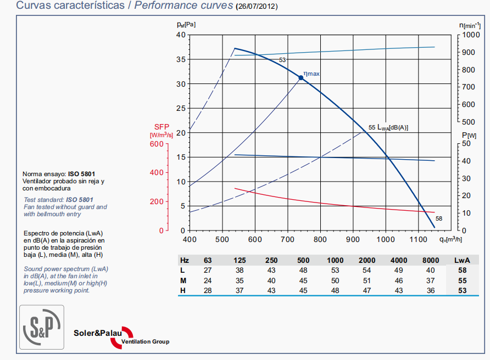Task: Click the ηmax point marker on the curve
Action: (x=300, y=78)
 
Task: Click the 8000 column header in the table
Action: (x=430, y=260)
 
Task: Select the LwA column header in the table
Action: (x=461, y=260)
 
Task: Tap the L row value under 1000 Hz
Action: (x=335, y=270)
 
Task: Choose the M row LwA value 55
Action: (x=462, y=280)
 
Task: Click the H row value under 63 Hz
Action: (x=208, y=290)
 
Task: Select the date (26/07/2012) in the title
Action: (x=257, y=7)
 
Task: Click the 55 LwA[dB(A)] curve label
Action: (x=388, y=127)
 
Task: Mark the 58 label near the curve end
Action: (x=439, y=218)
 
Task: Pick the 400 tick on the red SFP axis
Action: (x=157, y=173)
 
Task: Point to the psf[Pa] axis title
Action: (x=186, y=24)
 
